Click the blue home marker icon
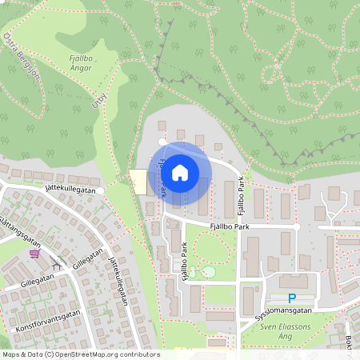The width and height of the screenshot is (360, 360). pos(180,172)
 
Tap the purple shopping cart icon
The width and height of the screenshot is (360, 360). pos(34,254)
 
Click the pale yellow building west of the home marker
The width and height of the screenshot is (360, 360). pos(138,182)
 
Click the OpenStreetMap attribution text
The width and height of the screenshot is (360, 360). pos(80,354)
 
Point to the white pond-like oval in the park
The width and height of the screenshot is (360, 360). pos(209,272)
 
